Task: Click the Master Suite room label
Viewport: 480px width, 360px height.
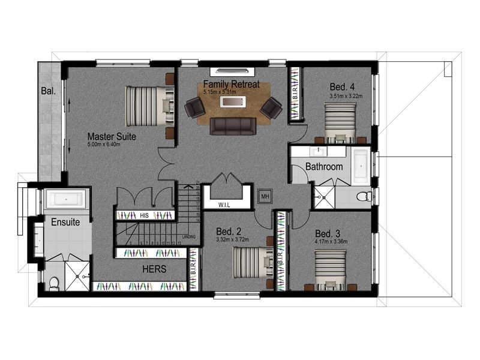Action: coord(112,136)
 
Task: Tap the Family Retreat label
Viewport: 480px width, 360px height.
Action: coord(231,84)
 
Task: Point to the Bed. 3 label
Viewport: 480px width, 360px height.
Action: coord(328,233)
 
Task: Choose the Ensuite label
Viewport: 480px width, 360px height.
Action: coord(65,221)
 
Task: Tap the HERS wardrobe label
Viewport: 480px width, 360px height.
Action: coord(154,269)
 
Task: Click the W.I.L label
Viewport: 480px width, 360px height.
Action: coord(224,205)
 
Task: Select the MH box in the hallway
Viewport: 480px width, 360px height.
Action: coord(265,196)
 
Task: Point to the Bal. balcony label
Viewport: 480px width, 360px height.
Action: coord(48,92)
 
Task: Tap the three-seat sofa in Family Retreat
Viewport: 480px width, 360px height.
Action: coord(232,125)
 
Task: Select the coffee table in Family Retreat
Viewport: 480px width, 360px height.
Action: coord(233,102)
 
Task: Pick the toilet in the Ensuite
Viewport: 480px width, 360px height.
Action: coord(53,282)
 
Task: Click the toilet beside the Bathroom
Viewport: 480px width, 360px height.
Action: coord(363,196)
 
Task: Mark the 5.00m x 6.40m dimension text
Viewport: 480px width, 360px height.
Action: coord(112,145)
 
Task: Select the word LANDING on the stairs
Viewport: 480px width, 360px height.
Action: coord(189,236)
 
